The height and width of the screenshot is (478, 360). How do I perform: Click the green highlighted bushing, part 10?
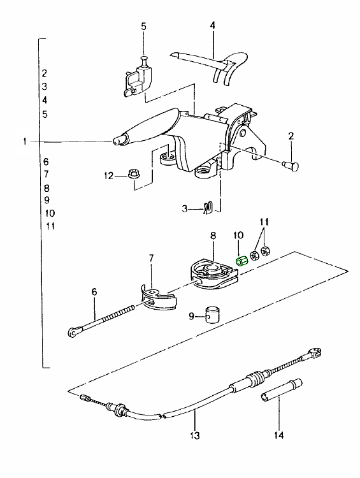(242, 261)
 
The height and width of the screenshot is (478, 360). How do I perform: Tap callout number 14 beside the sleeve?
(278, 435)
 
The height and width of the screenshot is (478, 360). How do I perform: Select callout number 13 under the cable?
(194, 435)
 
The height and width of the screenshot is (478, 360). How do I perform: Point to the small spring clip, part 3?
(208, 208)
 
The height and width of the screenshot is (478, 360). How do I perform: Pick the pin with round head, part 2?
(292, 166)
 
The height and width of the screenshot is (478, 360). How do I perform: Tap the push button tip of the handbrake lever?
(117, 141)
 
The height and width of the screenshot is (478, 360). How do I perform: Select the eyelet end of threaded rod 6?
(75, 331)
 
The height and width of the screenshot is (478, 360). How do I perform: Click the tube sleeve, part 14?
(281, 391)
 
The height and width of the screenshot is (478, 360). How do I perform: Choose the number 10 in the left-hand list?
(50, 213)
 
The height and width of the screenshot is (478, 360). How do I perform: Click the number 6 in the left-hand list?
(46, 162)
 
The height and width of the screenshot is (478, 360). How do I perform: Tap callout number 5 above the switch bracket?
(143, 27)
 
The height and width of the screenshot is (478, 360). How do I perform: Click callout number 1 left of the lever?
(25, 141)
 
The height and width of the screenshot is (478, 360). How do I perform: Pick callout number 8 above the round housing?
(213, 236)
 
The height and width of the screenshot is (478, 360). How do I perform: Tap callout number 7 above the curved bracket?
(152, 259)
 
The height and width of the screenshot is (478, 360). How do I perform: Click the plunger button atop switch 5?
(144, 60)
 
